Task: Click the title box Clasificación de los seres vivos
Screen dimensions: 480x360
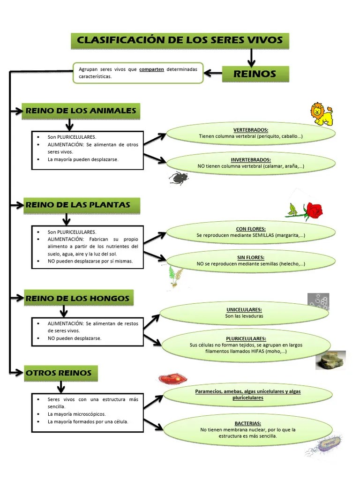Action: tap(180, 40)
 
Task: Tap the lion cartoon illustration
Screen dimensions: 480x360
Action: tap(322, 114)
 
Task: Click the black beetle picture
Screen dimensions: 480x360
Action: tap(179, 178)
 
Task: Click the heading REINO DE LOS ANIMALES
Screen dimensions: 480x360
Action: tap(81, 111)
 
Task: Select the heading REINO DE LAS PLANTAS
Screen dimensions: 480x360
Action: tap(77, 205)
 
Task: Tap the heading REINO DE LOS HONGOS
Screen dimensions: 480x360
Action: tap(77, 298)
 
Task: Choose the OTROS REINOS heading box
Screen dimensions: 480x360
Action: tap(60, 373)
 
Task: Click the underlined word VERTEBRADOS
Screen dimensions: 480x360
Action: tap(251, 130)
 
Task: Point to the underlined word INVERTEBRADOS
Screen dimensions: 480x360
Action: tap(251, 160)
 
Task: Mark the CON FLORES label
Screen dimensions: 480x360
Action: tap(251, 229)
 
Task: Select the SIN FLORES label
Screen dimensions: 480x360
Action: tap(251, 257)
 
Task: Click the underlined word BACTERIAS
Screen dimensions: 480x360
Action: tap(248, 423)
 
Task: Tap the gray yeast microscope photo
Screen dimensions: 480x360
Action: tap(318, 301)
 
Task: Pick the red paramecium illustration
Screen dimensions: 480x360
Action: tap(172, 378)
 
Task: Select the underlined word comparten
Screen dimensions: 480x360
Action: tap(151, 69)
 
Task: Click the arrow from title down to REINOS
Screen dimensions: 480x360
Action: tap(251, 58)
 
